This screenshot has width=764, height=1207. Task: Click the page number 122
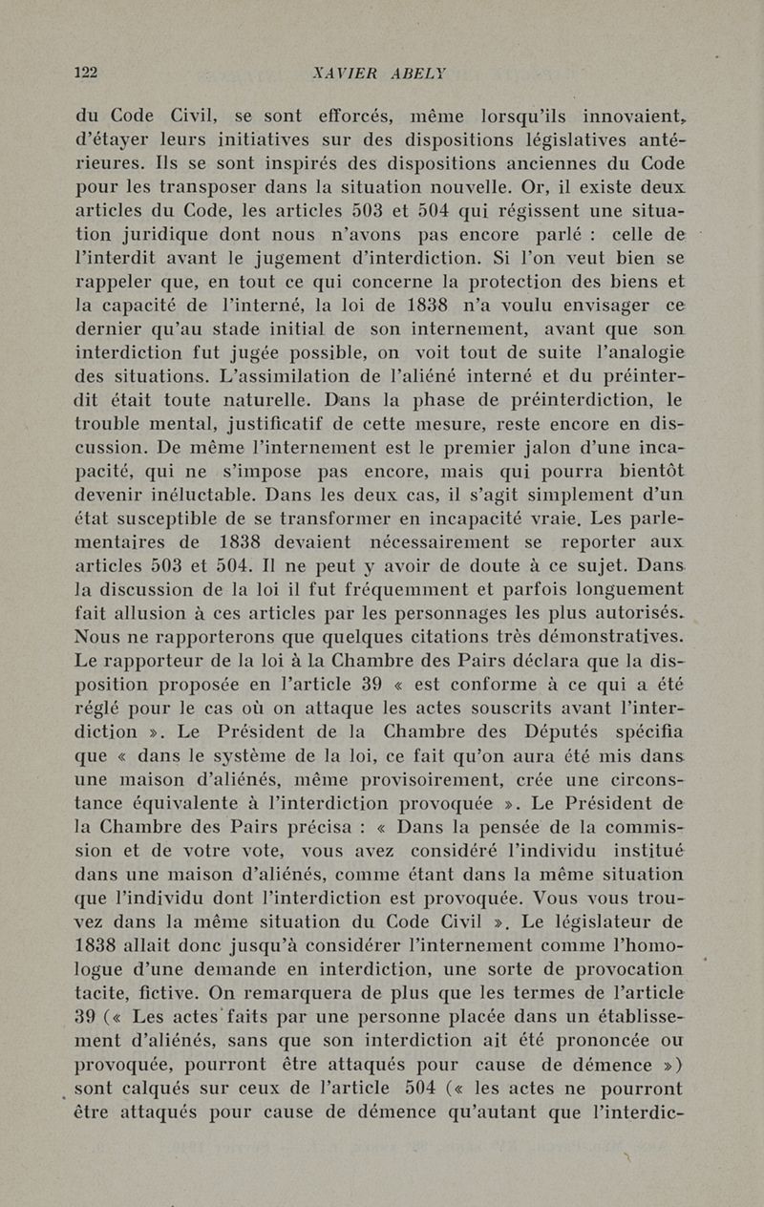tap(90, 72)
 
